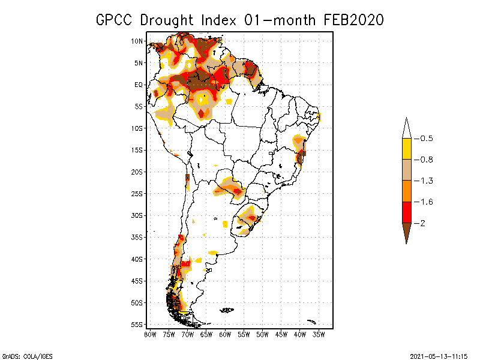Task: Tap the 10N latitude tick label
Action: [137, 41]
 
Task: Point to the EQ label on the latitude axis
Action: [139, 85]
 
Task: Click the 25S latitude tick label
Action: [137, 194]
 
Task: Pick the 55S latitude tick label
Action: [137, 325]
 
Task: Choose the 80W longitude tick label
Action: [150, 334]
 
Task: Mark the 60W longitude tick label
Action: [225, 334]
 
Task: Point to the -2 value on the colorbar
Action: [424, 223]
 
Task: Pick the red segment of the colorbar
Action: [406, 212]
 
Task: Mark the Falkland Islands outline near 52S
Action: [227, 310]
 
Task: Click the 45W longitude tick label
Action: [281, 334]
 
